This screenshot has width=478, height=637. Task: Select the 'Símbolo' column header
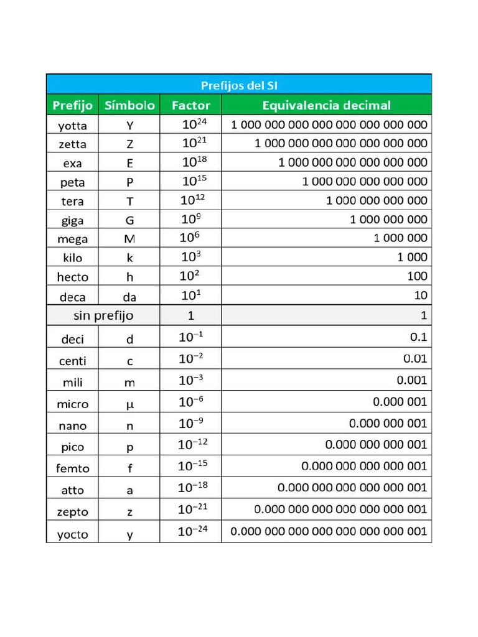129,105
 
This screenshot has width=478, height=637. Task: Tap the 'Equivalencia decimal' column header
326,105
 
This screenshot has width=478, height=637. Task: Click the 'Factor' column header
190,105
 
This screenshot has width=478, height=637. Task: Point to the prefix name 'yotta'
72,126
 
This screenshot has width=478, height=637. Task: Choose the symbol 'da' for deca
129,297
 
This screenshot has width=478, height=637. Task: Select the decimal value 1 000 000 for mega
400,238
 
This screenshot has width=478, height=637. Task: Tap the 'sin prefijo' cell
103,315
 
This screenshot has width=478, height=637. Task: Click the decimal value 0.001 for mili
412,380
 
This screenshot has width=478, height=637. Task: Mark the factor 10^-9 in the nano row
190,424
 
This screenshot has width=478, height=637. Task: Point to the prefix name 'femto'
72,468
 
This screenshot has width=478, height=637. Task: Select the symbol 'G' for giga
129,220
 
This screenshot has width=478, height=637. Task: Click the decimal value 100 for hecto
416,276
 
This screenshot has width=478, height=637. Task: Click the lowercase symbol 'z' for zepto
129,512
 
